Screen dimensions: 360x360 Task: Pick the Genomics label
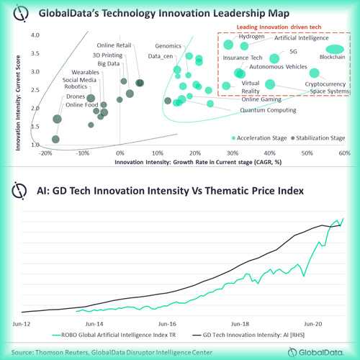[x=169, y=45]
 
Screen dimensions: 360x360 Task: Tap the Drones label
[x=76, y=96]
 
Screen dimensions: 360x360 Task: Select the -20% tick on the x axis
[x=45, y=153]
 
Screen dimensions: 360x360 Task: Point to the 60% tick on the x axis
[x=344, y=153]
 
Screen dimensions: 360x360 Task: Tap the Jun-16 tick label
[x=167, y=325]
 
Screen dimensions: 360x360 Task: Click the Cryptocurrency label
[x=326, y=84]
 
